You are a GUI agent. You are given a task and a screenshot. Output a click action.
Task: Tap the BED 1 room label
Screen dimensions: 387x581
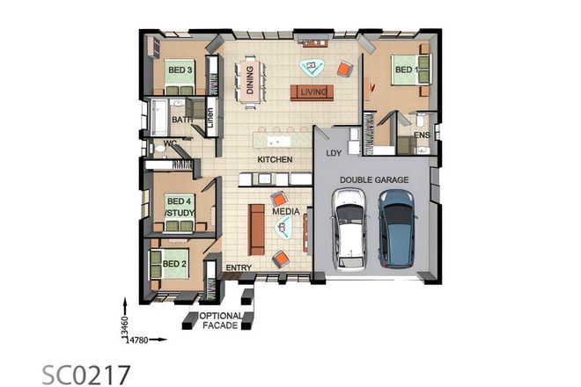406,69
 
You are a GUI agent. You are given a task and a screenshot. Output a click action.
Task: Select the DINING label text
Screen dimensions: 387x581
250,79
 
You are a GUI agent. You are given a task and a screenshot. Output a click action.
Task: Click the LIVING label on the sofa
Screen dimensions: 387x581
313,91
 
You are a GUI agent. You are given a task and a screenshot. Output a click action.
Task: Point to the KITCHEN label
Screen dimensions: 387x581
274,160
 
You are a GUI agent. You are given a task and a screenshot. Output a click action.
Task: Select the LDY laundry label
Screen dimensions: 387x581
334,153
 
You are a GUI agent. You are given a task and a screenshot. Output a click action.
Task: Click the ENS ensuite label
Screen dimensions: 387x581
422,135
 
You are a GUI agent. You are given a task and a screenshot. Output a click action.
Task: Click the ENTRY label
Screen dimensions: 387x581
239,267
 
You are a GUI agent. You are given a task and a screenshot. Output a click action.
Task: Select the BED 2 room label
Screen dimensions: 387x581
174,263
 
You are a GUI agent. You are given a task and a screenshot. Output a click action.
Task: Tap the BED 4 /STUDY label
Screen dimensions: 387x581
179,206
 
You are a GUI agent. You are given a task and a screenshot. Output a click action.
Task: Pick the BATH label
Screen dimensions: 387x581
181,120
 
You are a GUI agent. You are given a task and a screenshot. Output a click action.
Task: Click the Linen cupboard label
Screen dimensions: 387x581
211,117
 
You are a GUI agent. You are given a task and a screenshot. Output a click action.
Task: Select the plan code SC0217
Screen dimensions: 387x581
87,373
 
